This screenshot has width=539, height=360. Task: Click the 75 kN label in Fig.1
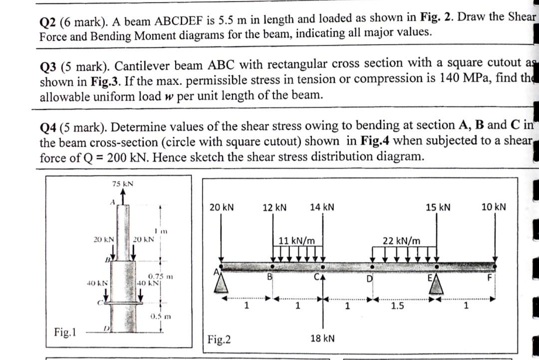[122, 184]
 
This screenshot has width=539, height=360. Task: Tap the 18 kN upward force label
[322, 339]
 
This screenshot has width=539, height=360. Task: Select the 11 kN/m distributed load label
[296, 240]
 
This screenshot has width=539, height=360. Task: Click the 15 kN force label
[438, 207]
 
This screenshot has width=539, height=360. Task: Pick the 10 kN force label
[494, 207]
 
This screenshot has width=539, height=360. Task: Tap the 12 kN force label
[274, 207]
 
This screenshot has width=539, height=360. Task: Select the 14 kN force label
[322, 207]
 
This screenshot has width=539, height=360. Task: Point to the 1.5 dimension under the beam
[397, 306]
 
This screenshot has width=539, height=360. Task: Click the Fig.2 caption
[219, 340]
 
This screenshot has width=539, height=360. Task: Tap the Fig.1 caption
[65, 332]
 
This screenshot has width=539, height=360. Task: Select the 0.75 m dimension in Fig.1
[161, 276]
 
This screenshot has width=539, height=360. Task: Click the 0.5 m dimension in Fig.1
[160, 316]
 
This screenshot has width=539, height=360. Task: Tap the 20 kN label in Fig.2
[222, 207]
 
